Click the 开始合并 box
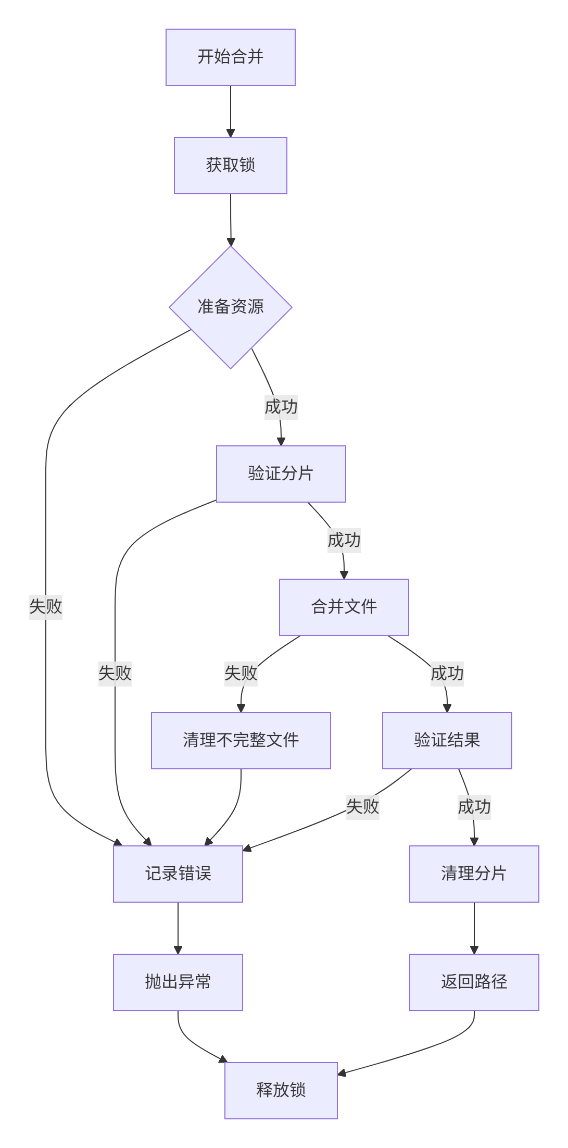tap(230, 57)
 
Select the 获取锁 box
tap(230, 166)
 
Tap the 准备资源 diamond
tap(230, 307)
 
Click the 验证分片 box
tap(281, 473)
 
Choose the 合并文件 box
tap(344, 607)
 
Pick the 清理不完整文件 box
tap(241, 740)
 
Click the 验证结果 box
tap(447, 740)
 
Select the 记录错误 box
tap(178, 874)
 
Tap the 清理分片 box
tap(474, 874)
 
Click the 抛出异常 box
tap(178, 982)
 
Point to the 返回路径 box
tap(474, 982)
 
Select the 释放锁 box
tap(281, 1090)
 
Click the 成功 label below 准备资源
tap(281, 407)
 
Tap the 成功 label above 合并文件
tap(344, 540)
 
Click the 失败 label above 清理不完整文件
tap(241, 673)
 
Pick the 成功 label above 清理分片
tap(474, 807)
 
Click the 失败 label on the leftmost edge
tap(46, 606)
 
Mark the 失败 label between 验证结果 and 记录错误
tap(362, 807)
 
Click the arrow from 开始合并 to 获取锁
tap(230, 111)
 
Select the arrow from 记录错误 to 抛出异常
tap(178, 928)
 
